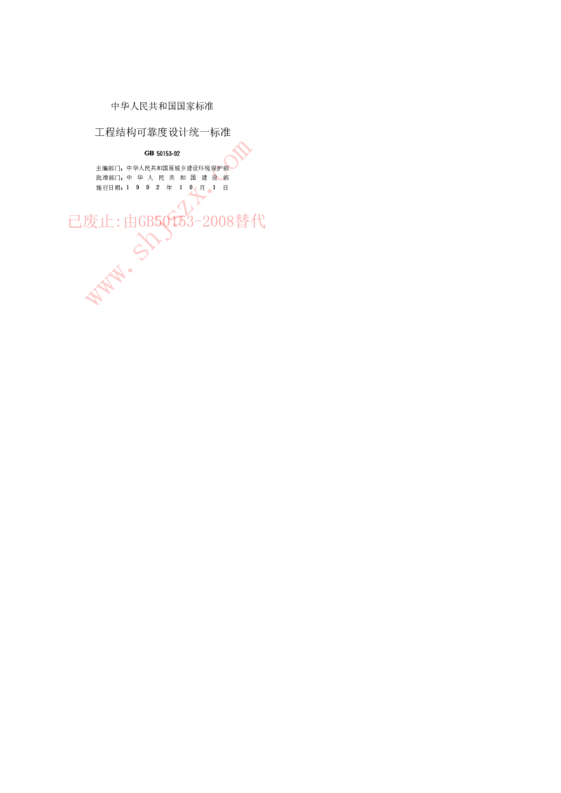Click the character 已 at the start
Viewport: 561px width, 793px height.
[x=75, y=222]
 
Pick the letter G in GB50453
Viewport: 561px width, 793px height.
[x=143, y=222]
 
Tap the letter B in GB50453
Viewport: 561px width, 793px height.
[x=152, y=222]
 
